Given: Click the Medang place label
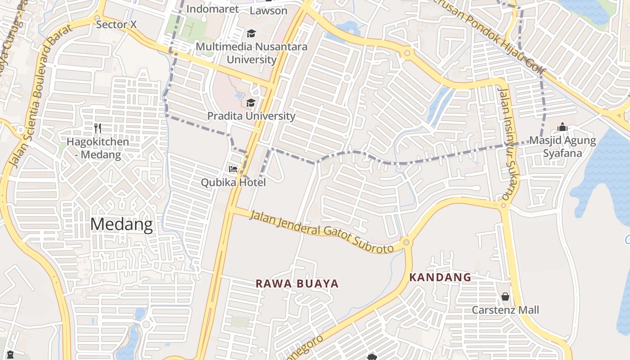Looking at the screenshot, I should (121, 224).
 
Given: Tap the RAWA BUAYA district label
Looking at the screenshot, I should (297, 283).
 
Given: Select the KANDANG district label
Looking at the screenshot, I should (440, 277).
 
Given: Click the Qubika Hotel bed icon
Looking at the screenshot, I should (233, 169).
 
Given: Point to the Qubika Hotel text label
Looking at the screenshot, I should (233, 182).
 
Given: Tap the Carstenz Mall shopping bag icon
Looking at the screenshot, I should (505, 297).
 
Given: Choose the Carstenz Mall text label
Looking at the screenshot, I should (505, 310).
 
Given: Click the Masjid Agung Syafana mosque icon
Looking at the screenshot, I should (562, 128).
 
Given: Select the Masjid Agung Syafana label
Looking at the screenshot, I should (562, 147).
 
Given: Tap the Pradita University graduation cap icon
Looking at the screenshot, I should (251, 103).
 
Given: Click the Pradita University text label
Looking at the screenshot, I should (251, 116).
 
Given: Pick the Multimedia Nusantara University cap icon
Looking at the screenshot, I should (251, 33).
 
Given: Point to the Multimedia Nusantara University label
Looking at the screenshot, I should (252, 53).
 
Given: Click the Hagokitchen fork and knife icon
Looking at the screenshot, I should (98, 128).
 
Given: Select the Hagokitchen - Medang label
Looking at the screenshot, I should (98, 148).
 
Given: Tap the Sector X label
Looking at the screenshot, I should (117, 25).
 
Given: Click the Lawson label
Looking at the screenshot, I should (268, 10).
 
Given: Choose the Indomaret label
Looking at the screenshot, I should (212, 9).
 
